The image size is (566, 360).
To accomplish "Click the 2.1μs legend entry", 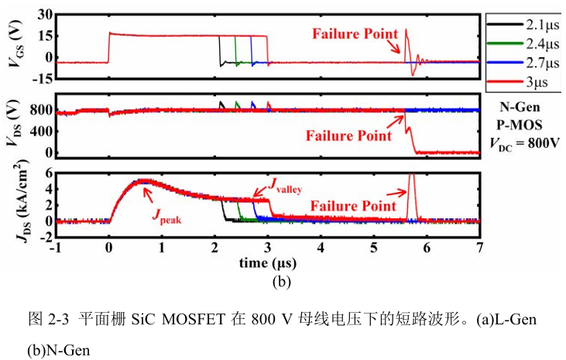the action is pos(523,25).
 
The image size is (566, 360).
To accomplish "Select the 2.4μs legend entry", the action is pos(523,43).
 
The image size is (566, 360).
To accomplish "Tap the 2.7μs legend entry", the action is pos(523,63).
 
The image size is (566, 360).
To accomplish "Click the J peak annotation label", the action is pos(166,215).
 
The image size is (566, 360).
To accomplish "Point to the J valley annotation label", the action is pos(285,185).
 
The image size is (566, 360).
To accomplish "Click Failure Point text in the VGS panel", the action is pos(355,34).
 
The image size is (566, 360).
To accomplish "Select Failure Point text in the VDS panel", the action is pos(348,135).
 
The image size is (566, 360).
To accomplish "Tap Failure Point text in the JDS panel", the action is pos(353,206).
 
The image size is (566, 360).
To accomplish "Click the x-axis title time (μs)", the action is pos(268,263).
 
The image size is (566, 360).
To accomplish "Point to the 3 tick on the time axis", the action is pos(267,248).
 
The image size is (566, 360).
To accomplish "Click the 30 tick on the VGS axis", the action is pos(45,15).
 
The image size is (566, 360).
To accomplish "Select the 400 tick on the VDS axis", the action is pos(41,131).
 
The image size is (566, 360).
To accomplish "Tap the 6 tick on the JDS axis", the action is pos(49,173).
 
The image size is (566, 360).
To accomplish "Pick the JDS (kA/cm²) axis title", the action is pos(22,201).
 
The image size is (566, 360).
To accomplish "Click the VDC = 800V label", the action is pos(524,144).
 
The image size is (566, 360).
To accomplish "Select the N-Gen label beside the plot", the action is pos(520,107).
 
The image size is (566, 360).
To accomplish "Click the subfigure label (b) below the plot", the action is pos(282,281).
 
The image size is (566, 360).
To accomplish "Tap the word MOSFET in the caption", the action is pos(193,320).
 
